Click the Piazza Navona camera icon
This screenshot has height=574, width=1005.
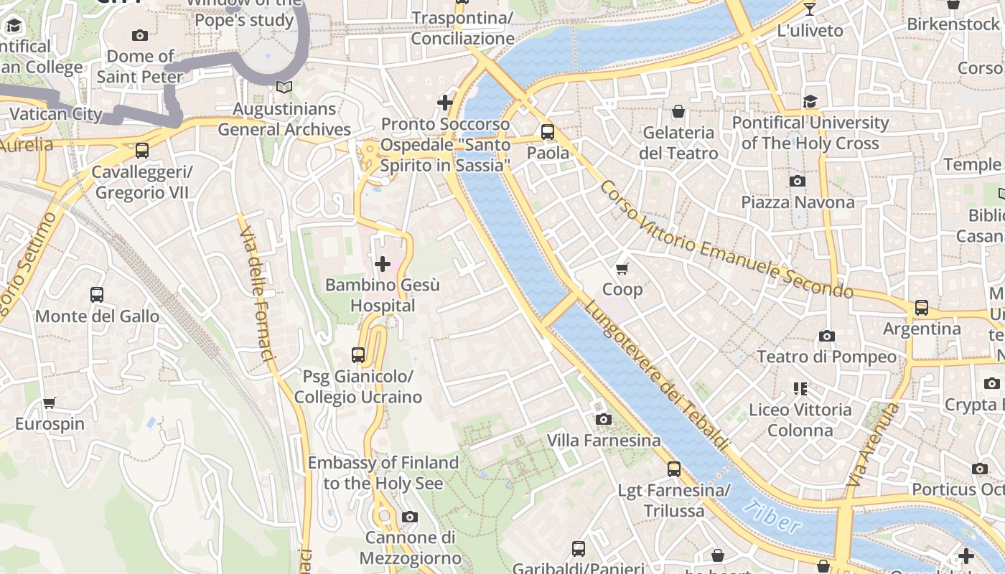[x=797, y=181]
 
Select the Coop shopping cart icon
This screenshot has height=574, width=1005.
[x=622, y=268]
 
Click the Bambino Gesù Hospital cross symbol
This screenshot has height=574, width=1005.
[x=383, y=264]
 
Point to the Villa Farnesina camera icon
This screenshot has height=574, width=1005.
[x=603, y=419]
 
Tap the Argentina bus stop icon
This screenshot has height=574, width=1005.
[x=921, y=308]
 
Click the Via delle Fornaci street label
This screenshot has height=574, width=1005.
[x=258, y=294]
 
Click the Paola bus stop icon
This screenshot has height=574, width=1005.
[x=548, y=132]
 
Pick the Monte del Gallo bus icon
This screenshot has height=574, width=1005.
[x=97, y=295]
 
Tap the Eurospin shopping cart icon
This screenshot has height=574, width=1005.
[x=49, y=403]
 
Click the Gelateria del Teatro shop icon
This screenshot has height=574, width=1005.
[x=678, y=111]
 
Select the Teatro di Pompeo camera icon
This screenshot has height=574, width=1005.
[x=826, y=336]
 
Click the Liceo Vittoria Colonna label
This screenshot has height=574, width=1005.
[x=800, y=420]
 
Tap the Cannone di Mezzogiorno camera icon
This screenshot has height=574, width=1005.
[x=409, y=517]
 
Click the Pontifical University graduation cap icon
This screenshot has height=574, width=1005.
[x=810, y=101]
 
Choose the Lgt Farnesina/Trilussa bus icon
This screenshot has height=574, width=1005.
[x=673, y=469]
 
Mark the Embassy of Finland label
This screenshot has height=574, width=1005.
[x=383, y=473]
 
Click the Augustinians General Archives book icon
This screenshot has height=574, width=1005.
[x=284, y=87]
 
